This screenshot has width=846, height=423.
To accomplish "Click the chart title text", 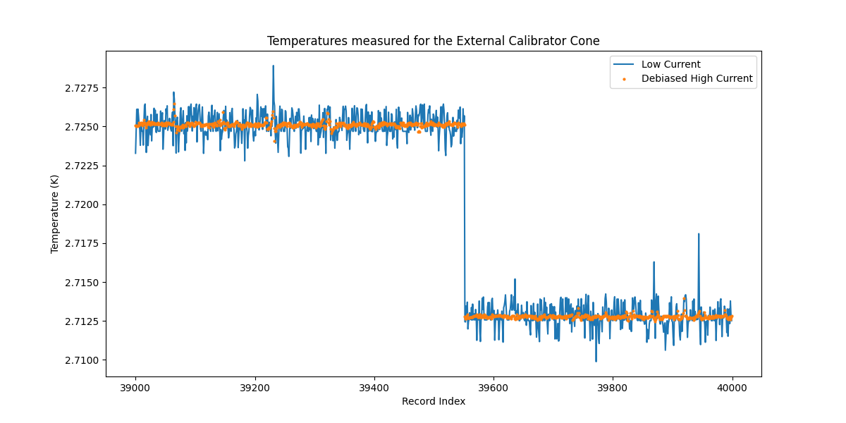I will coord(433,41).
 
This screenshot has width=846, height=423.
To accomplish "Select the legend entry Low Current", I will coord(670,65).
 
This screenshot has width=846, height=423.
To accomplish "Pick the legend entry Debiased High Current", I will coord(697,79).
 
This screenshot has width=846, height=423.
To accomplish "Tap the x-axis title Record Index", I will coord(433,401).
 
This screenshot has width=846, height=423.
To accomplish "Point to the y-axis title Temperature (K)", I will coord(54,214).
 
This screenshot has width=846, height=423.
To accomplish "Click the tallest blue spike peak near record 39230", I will coord(273,66).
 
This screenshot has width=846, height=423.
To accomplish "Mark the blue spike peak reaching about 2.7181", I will coord(699,233).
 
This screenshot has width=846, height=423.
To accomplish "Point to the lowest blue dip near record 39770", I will coord(596,362).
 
